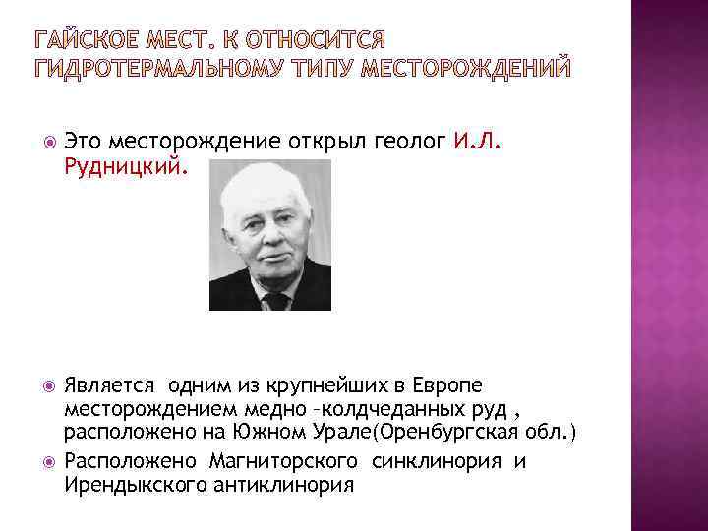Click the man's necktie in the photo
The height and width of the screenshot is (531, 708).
[276, 302]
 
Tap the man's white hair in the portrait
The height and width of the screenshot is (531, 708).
[264, 185]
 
